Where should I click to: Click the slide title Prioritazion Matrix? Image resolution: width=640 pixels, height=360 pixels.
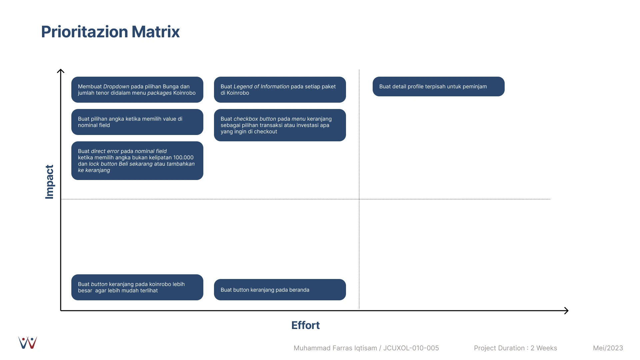pyautogui.click(x=110, y=32)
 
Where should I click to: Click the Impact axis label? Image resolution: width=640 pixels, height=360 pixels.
pyautogui.click(x=49, y=182)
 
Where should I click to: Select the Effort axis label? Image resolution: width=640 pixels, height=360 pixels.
pyautogui.click(x=305, y=325)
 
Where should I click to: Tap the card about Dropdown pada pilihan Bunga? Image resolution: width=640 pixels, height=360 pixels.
pyautogui.click(x=137, y=90)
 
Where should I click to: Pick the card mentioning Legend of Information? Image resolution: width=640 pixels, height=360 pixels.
pyautogui.click(x=280, y=90)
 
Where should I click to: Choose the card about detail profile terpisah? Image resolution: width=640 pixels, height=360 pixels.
pyautogui.click(x=439, y=87)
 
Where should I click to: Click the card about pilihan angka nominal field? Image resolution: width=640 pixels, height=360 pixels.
pyautogui.click(x=137, y=122)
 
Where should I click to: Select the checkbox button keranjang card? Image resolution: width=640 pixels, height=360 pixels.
pyautogui.click(x=280, y=125)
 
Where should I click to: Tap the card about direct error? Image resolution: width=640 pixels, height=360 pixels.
pyautogui.click(x=137, y=161)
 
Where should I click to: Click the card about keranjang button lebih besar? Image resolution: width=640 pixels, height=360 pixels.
pyautogui.click(x=137, y=287)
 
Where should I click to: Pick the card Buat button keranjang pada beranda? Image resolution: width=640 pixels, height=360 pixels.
pyautogui.click(x=280, y=290)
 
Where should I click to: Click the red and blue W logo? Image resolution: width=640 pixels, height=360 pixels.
pyautogui.click(x=28, y=343)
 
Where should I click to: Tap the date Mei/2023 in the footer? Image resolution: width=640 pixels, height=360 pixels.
pyautogui.click(x=608, y=348)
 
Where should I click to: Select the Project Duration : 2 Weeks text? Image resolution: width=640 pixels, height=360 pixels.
pyautogui.click(x=515, y=348)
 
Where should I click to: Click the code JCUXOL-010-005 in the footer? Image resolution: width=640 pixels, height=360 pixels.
pyautogui.click(x=411, y=348)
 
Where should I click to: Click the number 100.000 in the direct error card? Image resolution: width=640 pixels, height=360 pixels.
pyautogui.click(x=183, y=158)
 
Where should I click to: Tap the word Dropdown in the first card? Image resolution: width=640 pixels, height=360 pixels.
pyautogui.click(x=116, y=87)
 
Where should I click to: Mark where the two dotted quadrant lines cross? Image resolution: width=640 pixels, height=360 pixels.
pyautogui.click(x=359, y=199)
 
